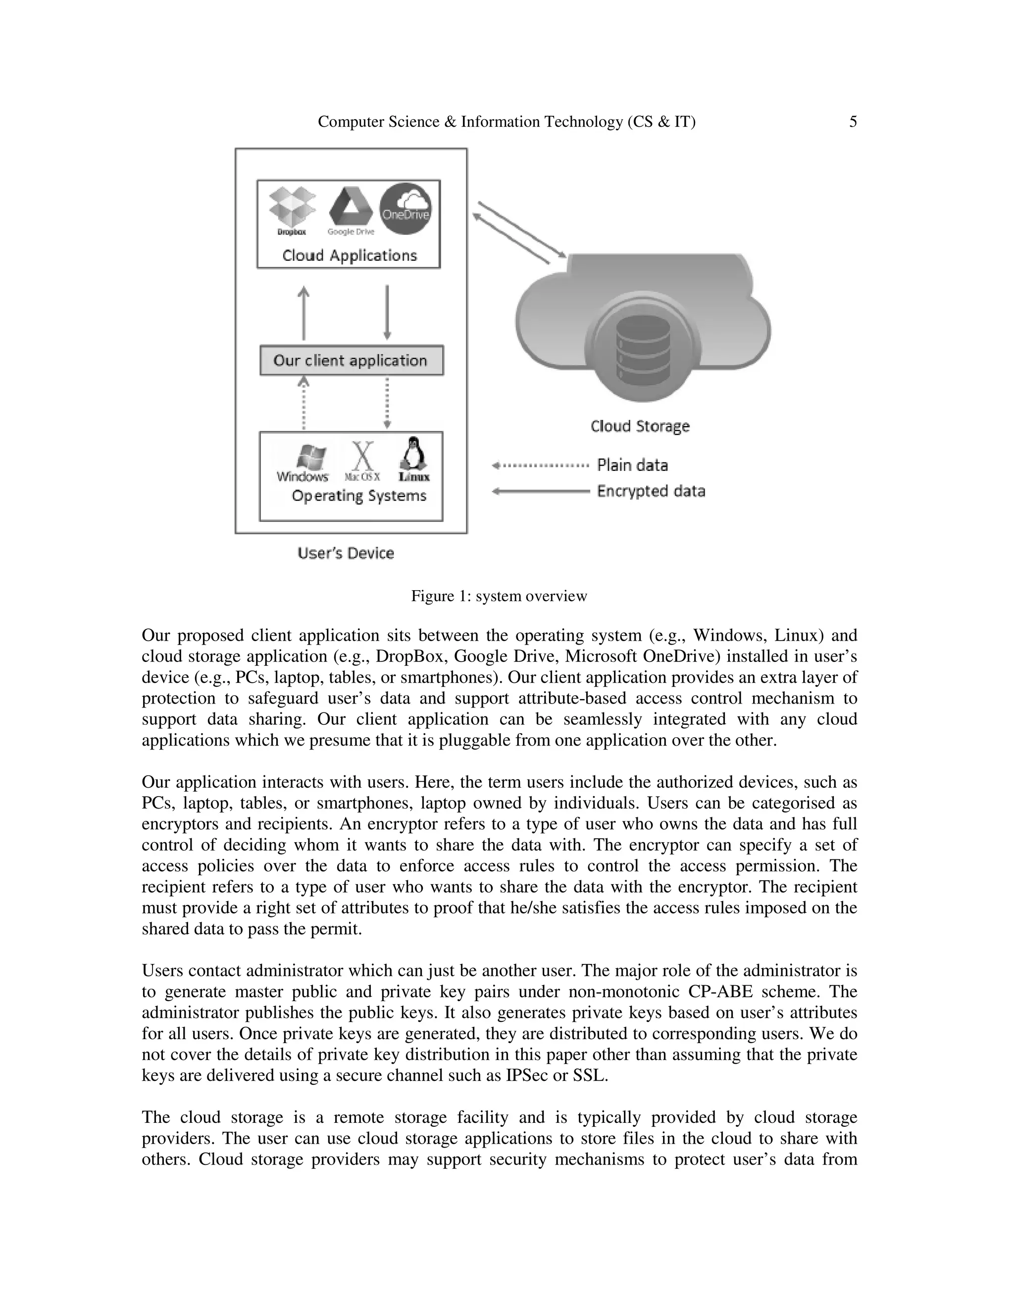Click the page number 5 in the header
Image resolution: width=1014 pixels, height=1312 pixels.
pyautogui.click(x=853, y=122)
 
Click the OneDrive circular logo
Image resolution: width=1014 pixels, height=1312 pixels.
pyautogui.click(x=406, y=208)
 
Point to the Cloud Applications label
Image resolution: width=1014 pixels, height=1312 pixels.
pyautogui.click(x=349, y=255)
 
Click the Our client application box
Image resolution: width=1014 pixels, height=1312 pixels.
pyautogui.click(x=352, y=360)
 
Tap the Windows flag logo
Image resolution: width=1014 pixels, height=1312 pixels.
pyautogui.click(x=313, y=458)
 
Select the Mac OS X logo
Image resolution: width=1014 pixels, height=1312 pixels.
pyautogui.click(x=362, y=458)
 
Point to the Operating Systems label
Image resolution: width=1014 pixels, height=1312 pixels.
pyautogui.click(x=358, y=496)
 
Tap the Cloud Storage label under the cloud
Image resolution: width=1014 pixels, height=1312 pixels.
pyautogui.click(x=640, y=426)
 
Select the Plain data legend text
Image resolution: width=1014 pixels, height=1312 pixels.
pyautogui.click(x=632, y=465)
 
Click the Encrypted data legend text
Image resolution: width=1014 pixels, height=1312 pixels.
pyautogui.click(x=651, y=492)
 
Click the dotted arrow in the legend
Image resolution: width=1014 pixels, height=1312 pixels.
pyautogui.click(x=541, y=465)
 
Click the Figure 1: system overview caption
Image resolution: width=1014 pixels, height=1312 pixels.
pyautogui.click(x=499, y=596)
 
